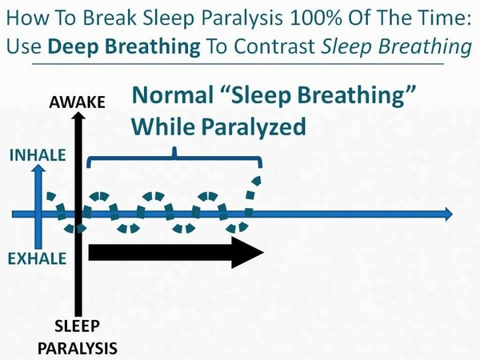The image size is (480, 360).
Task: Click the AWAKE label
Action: coord(77,102)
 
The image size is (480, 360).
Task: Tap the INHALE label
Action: coord(36,155)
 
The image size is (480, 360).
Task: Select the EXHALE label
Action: coord(37,258)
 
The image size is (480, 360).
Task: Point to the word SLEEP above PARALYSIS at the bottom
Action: coord(78,326)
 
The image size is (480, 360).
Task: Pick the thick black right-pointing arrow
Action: coord(176,252)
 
